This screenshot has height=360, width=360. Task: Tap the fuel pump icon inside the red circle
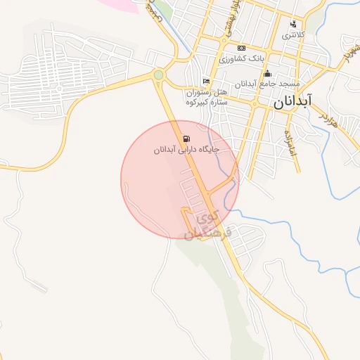click(186, 139)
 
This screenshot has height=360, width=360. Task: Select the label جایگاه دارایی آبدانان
click(187, 150)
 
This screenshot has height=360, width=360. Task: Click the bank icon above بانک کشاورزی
click(241, 47)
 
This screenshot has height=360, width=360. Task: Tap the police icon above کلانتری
click(292, 24)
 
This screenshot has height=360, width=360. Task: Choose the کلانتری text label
click(293, 35)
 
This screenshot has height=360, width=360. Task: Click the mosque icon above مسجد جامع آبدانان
click(267, 74)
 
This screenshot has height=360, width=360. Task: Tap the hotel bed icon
click(205, 82)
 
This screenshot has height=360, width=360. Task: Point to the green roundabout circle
click(159, 75)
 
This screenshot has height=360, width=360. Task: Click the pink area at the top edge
click(121, 4)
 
